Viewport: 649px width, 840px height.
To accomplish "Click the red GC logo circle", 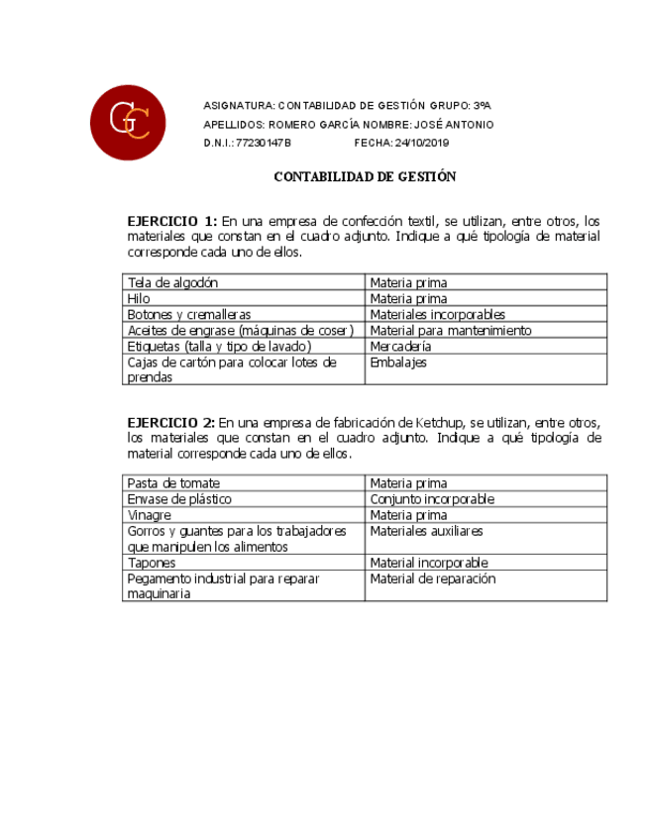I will coord(128,122).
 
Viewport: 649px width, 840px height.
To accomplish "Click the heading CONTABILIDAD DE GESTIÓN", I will coord(365,176).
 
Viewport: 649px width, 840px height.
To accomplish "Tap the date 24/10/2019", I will coord(422,143).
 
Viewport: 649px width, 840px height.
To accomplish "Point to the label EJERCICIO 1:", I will coord(171,220).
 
